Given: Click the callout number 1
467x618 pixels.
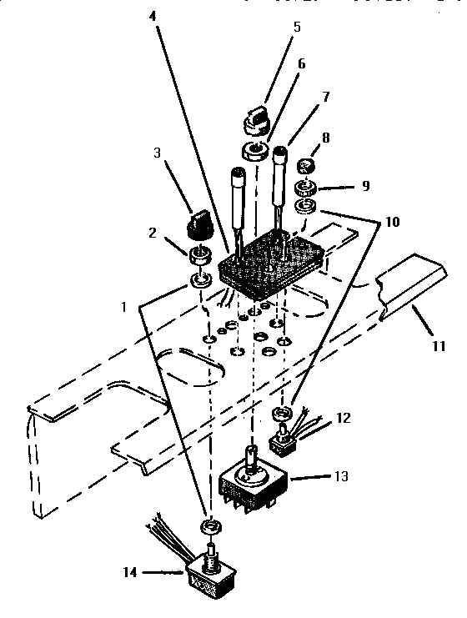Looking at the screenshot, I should pos(123,306).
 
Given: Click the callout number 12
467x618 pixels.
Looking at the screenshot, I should pos(344,417).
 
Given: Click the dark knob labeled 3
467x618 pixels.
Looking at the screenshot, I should pos(198,224).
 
